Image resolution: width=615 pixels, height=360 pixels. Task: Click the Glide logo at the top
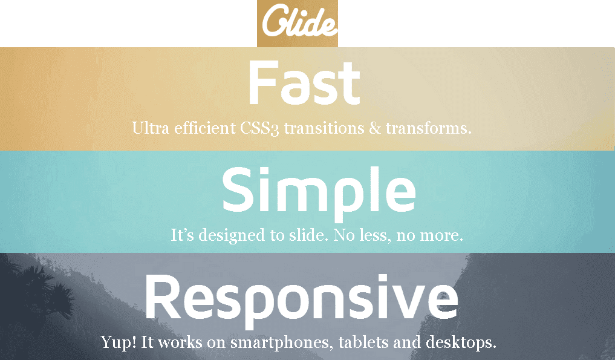(x=298, y=23)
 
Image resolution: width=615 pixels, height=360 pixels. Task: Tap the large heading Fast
(x=304, y=83)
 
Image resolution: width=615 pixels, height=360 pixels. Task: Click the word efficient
(x=205, y=128)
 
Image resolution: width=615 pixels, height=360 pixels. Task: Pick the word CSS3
(x=259, y=128)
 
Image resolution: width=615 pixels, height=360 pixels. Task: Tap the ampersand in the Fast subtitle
(x=375, y=128)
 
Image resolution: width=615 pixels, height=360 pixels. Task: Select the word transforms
(x=428, y=128)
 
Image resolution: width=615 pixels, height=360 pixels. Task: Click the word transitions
(x=324, y=128)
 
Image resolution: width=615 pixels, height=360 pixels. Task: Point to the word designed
(x=232, y=235)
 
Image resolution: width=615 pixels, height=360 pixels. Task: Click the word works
(x=180, y=342)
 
